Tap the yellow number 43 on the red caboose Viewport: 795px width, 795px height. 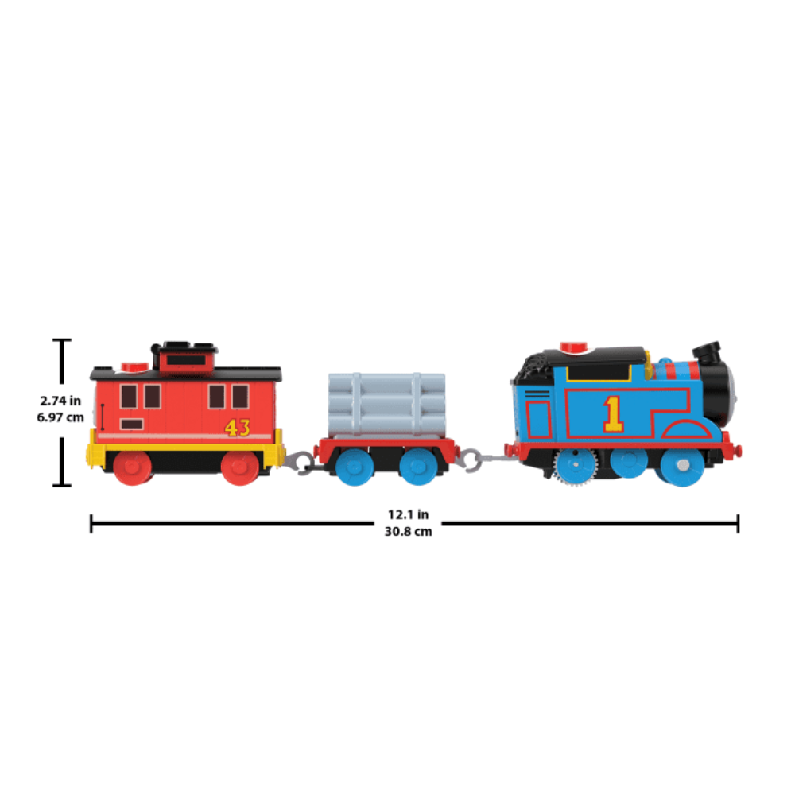tap(237, 428)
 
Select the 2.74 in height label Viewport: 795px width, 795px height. tap(60, 401)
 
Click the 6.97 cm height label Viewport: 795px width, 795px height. tap(60, 417)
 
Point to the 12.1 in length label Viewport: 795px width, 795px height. tap(408, 514)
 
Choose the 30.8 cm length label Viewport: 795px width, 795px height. tap(408, 531)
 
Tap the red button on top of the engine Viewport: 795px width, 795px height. tap(573, 347)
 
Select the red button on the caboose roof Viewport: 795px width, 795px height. tap(134, 367)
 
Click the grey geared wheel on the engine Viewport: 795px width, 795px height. tap(575, 465)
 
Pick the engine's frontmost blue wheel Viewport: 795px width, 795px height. tap(682, 465)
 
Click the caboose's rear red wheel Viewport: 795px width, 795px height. tap(132, 467)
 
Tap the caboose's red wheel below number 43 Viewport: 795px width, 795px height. tap(240, 467)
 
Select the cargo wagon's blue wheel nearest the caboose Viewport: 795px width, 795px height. tap(355, 467)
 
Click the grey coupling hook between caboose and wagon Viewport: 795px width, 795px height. tap(301, 463)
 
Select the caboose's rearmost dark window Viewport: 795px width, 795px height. tap(128, 396)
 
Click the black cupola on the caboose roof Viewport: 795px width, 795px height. tap(185, 357)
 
